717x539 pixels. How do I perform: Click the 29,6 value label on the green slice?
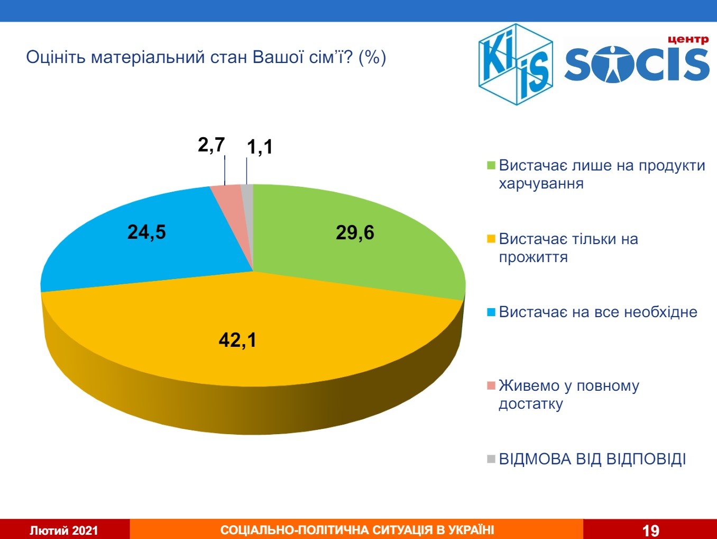[355, 232]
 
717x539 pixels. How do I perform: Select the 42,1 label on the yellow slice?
[237, 339]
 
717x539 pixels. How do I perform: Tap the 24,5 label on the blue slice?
[146, 232]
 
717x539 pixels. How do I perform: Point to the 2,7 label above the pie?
[211, 145]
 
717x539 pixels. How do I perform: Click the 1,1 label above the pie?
[260, 147]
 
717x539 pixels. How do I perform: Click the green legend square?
[491, 166]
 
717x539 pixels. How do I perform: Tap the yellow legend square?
[491, 239]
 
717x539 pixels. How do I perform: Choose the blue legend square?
[491, 312]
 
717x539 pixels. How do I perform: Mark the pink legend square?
[491, 386]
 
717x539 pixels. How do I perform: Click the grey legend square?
[491, 459]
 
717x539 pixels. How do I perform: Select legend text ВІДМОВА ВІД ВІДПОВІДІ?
[592, 459]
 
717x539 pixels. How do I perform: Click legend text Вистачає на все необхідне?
[598, 312]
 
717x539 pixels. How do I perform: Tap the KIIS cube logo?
[516, 64]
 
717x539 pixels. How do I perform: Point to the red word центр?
[688, 39]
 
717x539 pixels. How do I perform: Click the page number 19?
[651, 530]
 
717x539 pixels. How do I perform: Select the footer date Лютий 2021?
[64, 530]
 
